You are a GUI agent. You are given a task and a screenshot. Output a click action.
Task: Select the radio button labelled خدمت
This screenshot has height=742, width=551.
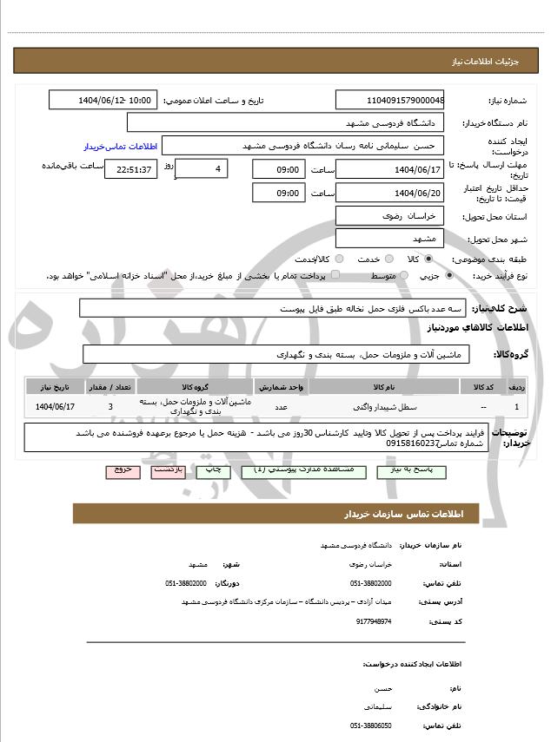pos(387,259)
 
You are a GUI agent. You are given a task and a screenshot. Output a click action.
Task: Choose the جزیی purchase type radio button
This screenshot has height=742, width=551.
pos(449,275)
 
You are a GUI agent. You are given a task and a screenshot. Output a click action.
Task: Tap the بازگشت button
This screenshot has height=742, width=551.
pos(168,469)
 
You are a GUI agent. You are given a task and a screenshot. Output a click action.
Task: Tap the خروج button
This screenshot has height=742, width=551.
pos(122,469)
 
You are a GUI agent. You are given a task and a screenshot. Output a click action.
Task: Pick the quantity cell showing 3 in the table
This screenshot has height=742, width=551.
pos(110,406)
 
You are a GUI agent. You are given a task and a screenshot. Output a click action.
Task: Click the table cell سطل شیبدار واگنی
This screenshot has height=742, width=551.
pos(382,406)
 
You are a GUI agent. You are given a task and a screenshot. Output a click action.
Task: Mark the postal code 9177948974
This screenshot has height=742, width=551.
pos(374,621)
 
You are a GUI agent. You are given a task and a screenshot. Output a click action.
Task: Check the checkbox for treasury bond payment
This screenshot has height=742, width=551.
pos(317,275)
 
